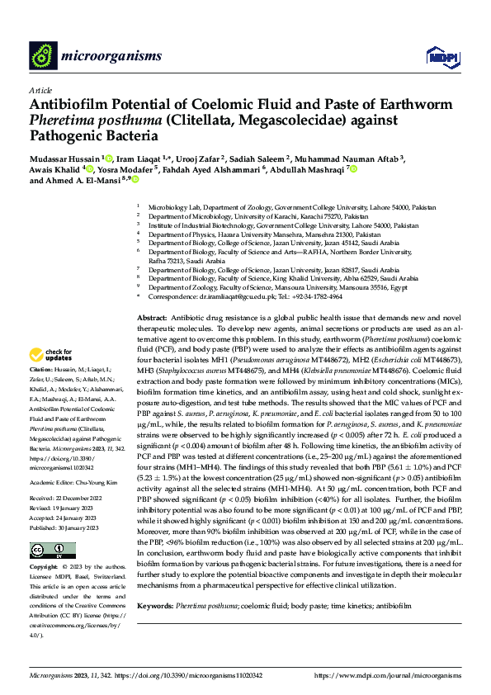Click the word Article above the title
pyautogui.click(x=41, y=89)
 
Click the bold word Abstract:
pyautogui.click(x=152, y=318)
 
